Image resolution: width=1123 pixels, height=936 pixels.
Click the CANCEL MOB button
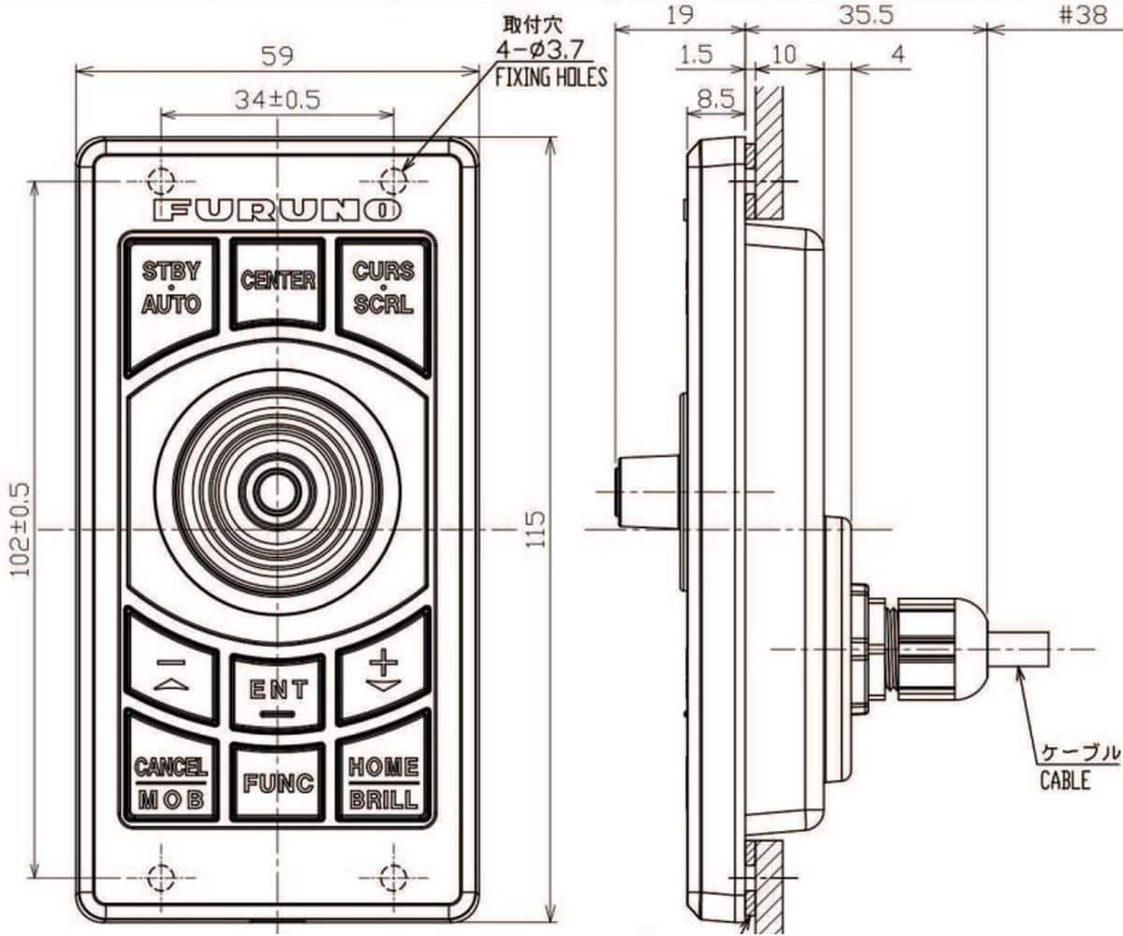pos(170,782)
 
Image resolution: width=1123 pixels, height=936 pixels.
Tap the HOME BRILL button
pos(384,782)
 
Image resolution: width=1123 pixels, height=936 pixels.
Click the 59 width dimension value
pos(278,55)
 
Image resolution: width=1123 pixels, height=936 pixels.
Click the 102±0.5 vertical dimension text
pos(20,529)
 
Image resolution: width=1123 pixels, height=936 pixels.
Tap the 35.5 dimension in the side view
pos(866,15)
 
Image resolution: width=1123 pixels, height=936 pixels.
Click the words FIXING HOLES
pos(550,78)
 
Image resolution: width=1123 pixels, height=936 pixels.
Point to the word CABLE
pos(1065,779)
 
